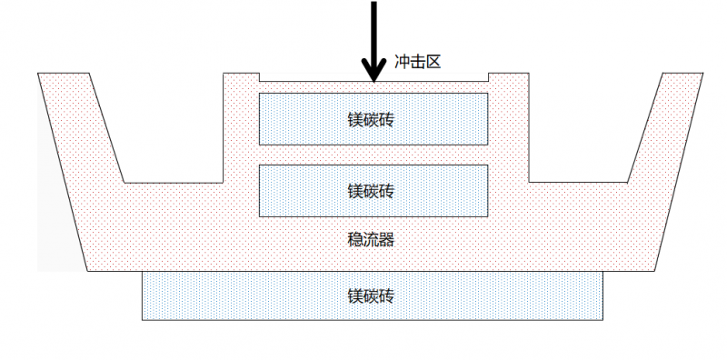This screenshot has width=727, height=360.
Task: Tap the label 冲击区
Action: pos(418,65)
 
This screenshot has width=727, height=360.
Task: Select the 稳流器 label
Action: pos(370,240)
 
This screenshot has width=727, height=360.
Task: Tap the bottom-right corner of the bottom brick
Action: pos(604,319)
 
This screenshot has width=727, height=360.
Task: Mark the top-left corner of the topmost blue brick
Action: pos(260,95)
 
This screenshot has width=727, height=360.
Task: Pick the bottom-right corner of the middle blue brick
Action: pos(489,216)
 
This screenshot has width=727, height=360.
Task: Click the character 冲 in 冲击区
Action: pos(402,65)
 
